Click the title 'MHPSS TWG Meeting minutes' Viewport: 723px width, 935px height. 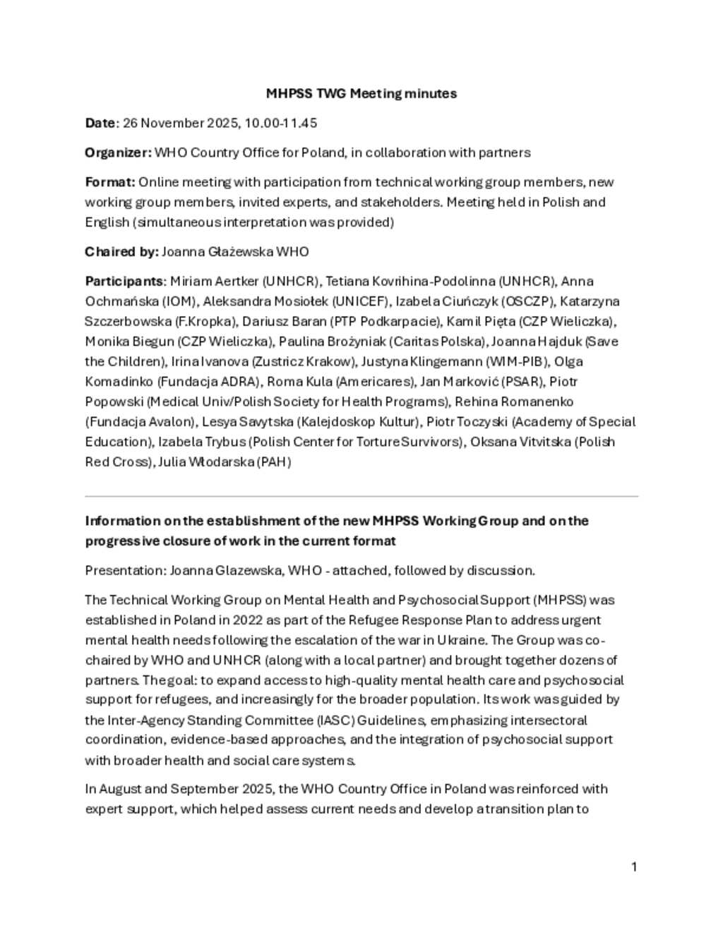coord(361,93)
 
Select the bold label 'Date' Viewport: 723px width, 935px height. coord(100,123)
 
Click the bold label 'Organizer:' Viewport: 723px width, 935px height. coord(118,152)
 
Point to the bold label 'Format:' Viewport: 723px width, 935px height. coord(109,182)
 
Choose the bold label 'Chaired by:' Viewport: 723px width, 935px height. coord(121,252)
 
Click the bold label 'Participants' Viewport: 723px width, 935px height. coord(124,282)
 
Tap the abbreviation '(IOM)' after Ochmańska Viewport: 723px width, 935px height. coord(179,301)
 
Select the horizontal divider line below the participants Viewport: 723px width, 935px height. coord(361,497)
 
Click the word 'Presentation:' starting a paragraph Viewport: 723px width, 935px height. coord(124,570)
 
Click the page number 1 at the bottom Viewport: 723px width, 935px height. coord(634,867)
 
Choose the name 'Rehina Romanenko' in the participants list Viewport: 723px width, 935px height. coord(514,402)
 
